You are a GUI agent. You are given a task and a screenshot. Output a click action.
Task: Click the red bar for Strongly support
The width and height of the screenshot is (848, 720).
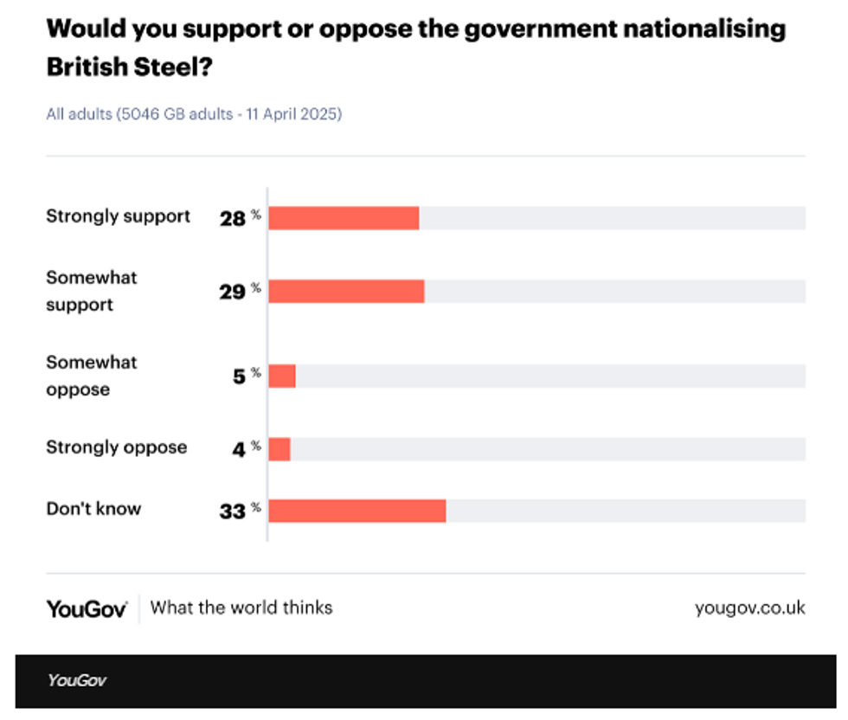[344, 218]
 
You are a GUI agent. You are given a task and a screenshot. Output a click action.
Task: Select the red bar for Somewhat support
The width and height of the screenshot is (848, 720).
[346, 292]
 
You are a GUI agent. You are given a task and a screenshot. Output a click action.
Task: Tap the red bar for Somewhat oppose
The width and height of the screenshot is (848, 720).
[282, 376]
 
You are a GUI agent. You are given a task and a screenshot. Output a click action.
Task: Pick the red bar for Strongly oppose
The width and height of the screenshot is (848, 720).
[279, 449]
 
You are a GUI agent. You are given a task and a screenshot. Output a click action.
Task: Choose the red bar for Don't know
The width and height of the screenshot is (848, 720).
[357, 511]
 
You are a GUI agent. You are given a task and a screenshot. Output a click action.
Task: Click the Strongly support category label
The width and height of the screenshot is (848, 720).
[118, 216]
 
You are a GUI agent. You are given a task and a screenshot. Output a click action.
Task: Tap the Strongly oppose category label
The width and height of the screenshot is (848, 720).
[116, 447]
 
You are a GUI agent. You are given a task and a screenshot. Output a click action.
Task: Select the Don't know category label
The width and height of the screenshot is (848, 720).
[93, 509]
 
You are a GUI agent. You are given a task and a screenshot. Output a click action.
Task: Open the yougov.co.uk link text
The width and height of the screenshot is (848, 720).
[749, 607]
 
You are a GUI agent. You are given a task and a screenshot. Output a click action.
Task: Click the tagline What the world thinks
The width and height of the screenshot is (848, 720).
[241, 607]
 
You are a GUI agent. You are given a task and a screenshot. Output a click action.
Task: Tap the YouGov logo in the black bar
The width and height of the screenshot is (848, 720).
[77, 680]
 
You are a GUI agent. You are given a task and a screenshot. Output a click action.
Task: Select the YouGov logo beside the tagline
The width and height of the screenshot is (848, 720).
[87, 608]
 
